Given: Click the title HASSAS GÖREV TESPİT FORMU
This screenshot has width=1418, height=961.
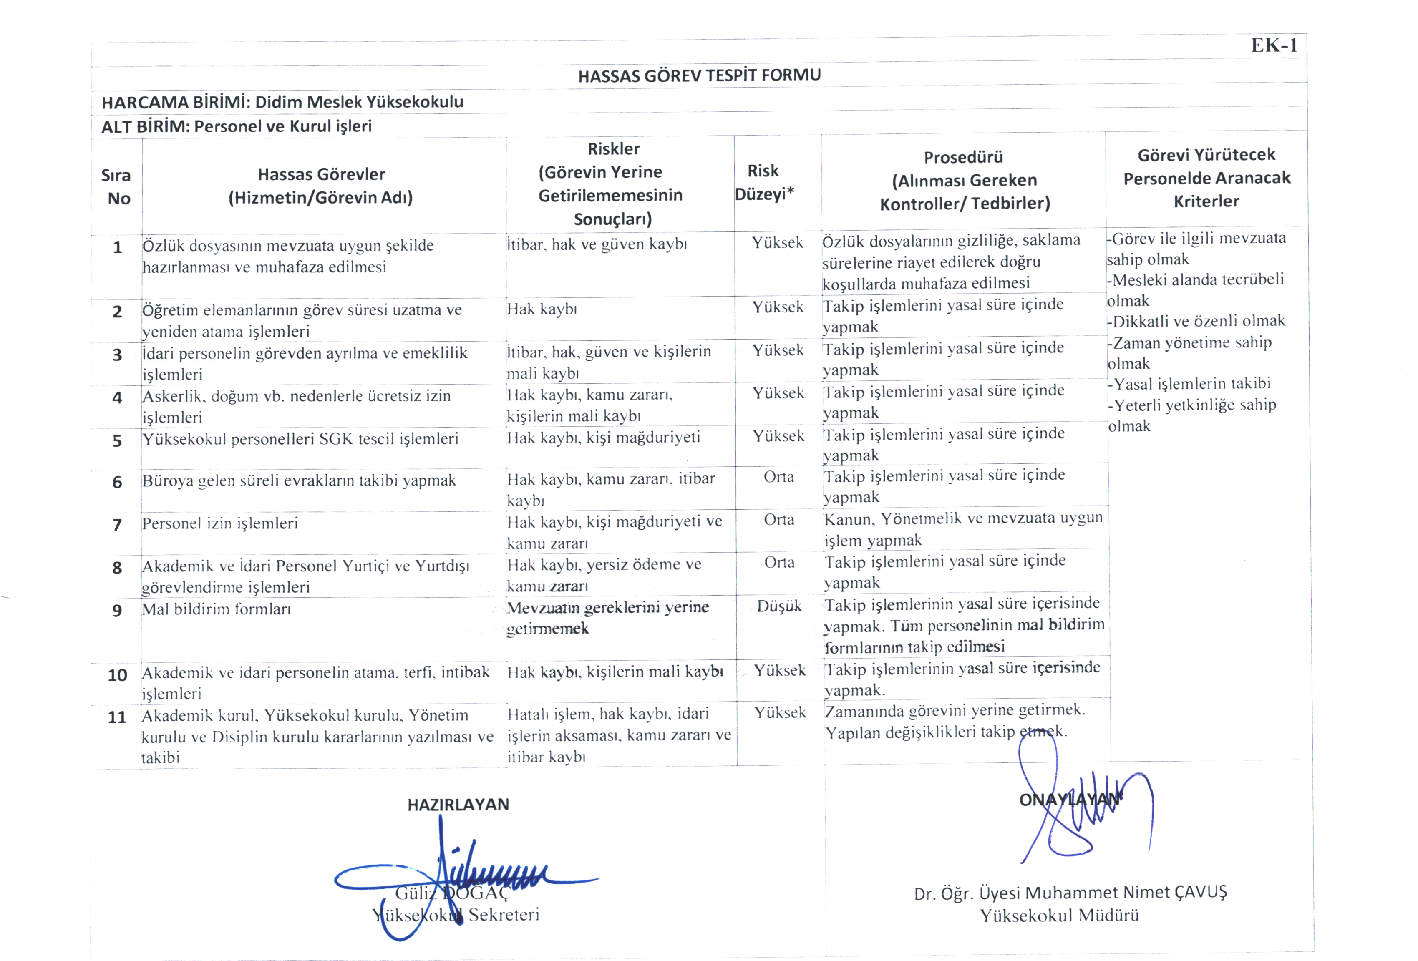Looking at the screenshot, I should click(x=699, y=75).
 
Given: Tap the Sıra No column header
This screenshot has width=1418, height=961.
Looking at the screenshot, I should click(x=116, y=187).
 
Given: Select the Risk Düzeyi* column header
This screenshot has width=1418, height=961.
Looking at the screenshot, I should click(x=764, y=182).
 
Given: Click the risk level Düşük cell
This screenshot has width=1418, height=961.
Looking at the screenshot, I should click(x=779, y=606).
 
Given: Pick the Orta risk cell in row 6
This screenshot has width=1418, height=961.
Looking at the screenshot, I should click(x=778, y=476).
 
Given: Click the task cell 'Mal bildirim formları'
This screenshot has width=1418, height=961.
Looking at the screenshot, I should click(x=216, y=609).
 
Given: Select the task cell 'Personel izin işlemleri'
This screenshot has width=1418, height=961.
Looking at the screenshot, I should click(x=220, y=523).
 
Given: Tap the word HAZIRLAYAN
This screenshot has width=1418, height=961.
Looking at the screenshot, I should click(x=458, y=804).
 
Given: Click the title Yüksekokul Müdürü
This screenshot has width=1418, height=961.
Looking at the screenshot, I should click(x=1059, y=915).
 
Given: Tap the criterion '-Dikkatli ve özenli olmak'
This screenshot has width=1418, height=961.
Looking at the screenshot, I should click(x=1196, y=321).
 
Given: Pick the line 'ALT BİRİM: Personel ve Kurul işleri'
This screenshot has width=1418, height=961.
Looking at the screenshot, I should click(x=236, y=126).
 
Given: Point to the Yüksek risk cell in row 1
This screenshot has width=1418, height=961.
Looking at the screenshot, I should click(x=777, y=242).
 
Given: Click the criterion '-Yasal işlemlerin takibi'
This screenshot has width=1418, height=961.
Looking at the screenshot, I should click(x=1189, y=384).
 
